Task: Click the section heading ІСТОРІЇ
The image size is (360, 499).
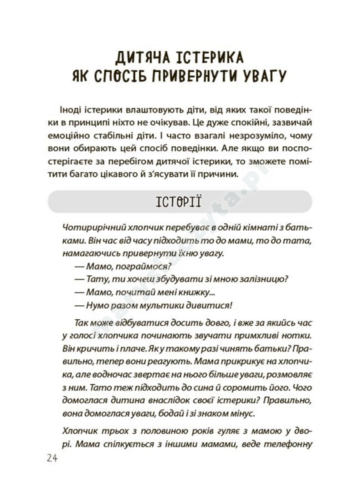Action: tap(179, 201)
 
